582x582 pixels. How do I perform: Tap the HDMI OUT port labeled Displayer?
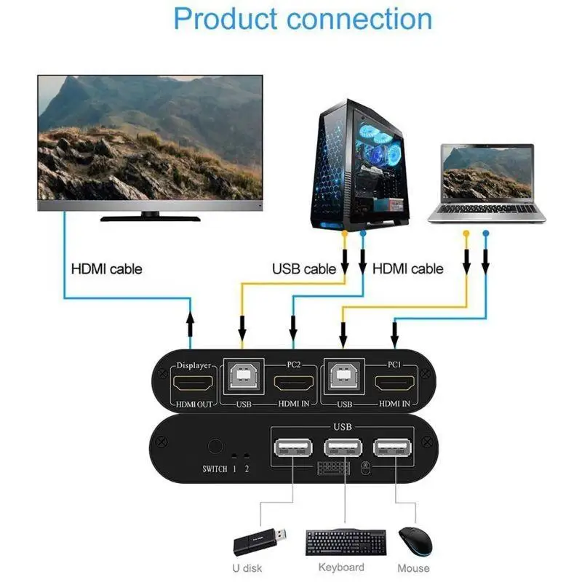[192, 383]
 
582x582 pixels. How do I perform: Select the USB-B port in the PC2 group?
[242, 375]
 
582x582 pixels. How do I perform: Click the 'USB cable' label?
[304, 269]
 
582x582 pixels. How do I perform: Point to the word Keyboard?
[341, 567]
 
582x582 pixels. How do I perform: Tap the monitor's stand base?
[150, 217]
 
